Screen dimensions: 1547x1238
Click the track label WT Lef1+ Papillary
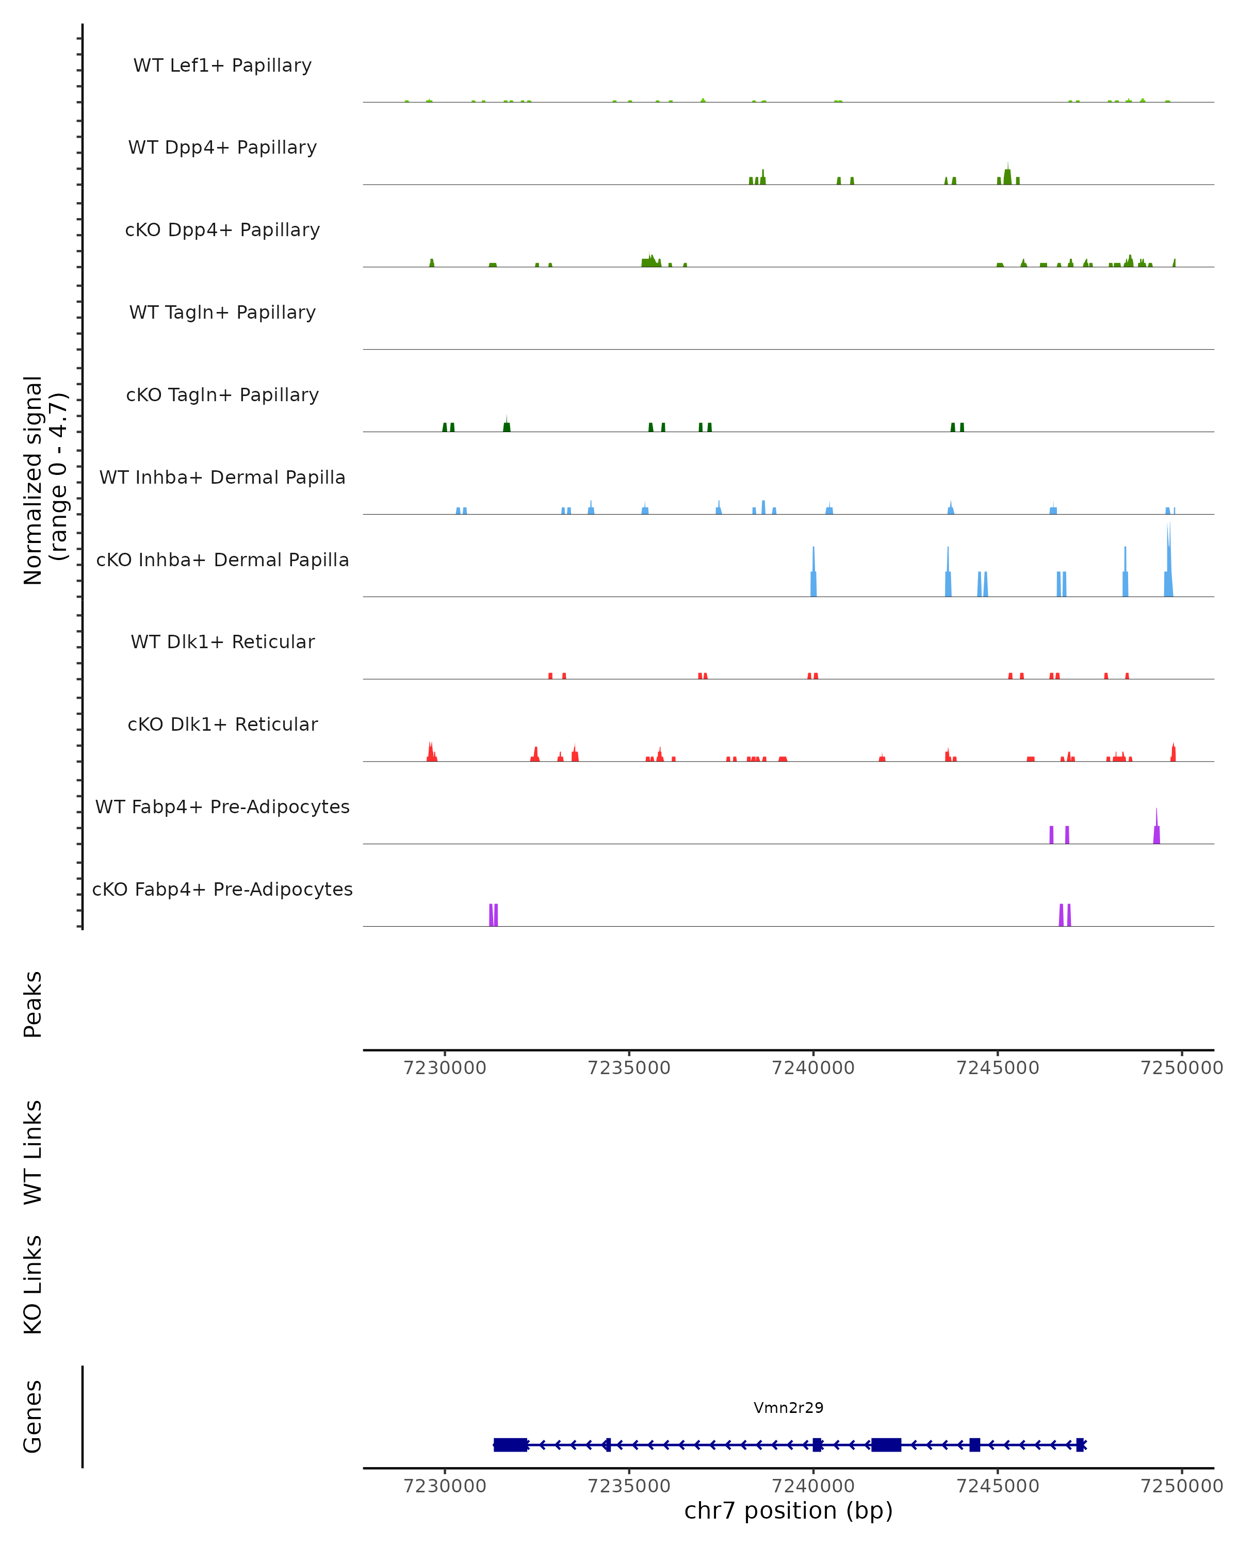(x=222, y=65)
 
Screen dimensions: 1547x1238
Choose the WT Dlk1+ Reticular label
(x=222, y=641)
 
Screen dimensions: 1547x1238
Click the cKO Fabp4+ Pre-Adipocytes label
(x=222, y=889)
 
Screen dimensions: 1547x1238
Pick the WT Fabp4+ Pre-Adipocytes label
(x=222, y=807)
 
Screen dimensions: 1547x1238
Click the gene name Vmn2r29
(x=788, y=1408)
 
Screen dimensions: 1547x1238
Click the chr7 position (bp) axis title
(x=788, y=1510)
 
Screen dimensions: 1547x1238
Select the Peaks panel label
(x=33, y=1004)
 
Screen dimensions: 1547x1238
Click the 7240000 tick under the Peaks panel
(x=813, y=1068)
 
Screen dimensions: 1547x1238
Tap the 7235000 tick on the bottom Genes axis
(x=629, y=1486)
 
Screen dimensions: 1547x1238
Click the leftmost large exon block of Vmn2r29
(x=510, y=1444)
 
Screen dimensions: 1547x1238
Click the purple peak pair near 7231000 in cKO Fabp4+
(x=494, y=915)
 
